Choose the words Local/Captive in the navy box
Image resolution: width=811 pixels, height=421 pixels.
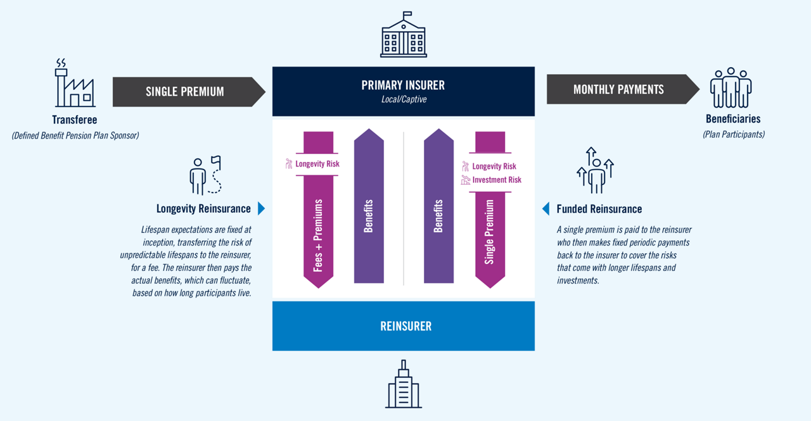403,99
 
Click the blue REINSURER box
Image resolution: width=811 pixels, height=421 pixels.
404,326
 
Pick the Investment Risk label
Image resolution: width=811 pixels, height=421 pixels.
496,180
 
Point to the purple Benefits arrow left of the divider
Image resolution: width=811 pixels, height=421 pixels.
369,209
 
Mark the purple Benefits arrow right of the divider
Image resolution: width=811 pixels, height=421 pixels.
438,209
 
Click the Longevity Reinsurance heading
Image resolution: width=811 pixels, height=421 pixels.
203,209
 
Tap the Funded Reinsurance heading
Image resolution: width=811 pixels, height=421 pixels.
599,209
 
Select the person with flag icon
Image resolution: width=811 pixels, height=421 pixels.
205,175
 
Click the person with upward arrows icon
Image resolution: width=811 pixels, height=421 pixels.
595,170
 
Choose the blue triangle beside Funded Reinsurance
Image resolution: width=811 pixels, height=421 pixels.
546,208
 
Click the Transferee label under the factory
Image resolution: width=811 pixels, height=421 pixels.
74,119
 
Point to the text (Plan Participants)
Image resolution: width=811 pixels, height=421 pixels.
733,134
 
